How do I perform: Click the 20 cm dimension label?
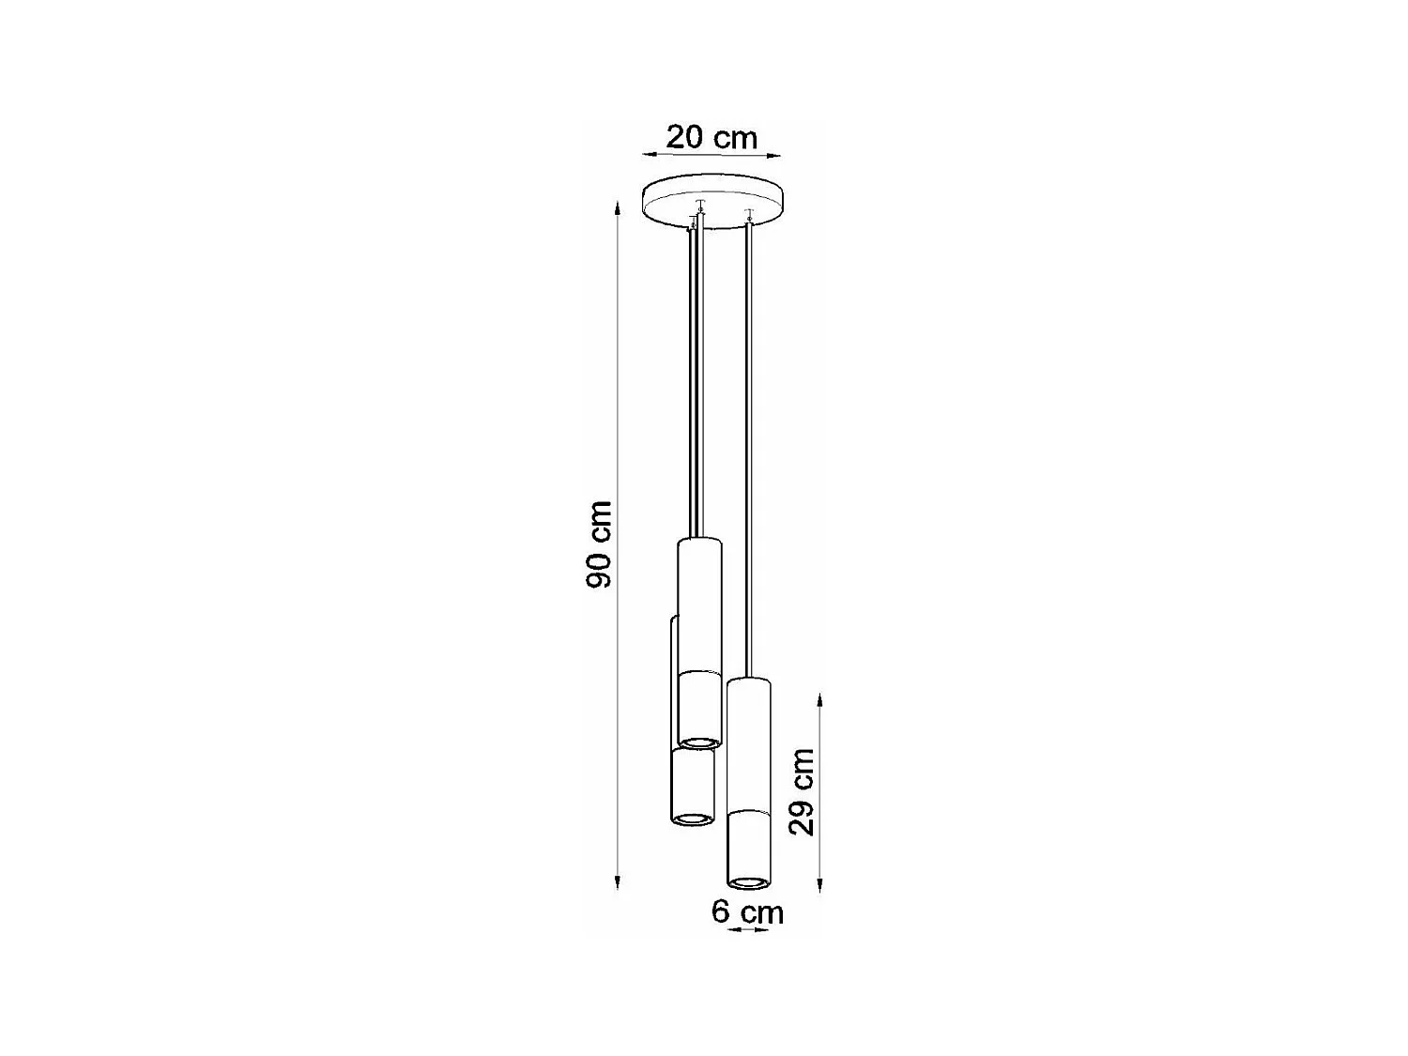tap(712, 137)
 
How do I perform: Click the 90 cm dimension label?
tap(599, 544)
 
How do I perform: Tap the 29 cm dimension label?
tap(802, 791)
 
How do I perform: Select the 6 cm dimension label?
tap(747, 911)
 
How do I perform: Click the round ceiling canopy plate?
tap(712, 201)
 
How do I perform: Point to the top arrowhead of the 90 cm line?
tap(617, 207)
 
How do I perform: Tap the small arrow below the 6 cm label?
tap(748, 929)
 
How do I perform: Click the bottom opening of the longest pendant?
tap(748, 882)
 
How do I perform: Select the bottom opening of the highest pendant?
tap(699, 742)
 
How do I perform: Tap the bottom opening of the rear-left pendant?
tap(693, 819)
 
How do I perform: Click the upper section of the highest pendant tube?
tap(699, 605)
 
